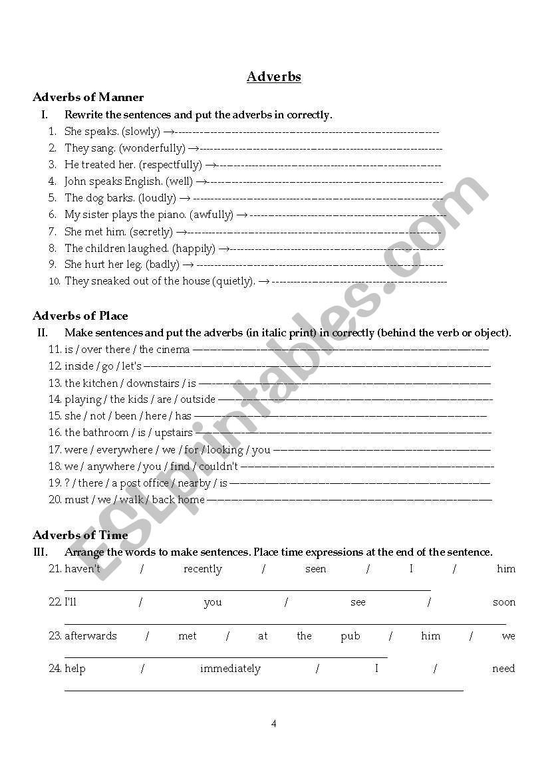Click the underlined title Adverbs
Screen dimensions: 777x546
point(273,76)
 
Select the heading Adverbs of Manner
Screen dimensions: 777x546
point(88,97)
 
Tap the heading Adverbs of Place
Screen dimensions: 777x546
point(80,316)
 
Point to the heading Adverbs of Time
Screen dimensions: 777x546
point(80,535)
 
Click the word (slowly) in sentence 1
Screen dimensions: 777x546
point(141,132)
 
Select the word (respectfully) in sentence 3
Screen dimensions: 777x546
point(170,165)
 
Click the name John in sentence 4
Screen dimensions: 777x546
point(75,181)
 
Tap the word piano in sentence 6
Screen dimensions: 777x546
point(172,215)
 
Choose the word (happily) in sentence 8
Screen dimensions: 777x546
point(194,249)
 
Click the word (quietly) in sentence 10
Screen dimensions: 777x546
point(233,281)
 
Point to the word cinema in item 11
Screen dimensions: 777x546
point(174,350)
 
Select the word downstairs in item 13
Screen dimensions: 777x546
point(153,384)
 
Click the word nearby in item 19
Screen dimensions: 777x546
point(194,483)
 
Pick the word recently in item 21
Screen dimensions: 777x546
point(203,569)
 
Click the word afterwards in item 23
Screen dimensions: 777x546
point(90,636)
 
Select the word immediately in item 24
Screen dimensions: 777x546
point(230,669)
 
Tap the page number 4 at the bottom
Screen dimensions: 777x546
point(273,724)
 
